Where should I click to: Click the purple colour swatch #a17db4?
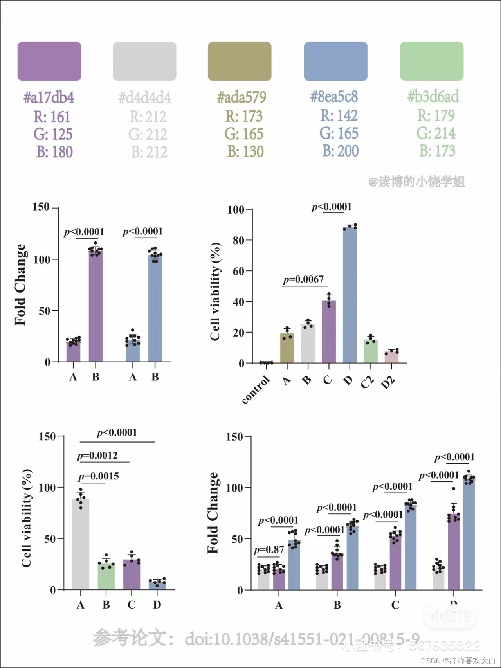[49, 61]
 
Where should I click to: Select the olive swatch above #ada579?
[240, 61]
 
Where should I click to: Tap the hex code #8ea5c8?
[334, 97]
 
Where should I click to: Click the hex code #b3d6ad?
[433, 96]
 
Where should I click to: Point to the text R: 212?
[148, 117]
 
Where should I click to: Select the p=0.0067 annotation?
[304, 279]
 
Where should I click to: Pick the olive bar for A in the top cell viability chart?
[287, 348]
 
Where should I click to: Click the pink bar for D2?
[391, 357]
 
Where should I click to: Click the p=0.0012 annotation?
[97, 456]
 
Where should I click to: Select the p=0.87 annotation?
[269, 550]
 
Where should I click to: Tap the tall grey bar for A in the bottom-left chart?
[81, 544]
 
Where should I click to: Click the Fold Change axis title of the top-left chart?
[20, 285]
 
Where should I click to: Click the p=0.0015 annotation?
[99, 476]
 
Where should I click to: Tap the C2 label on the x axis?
[367, 382]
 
